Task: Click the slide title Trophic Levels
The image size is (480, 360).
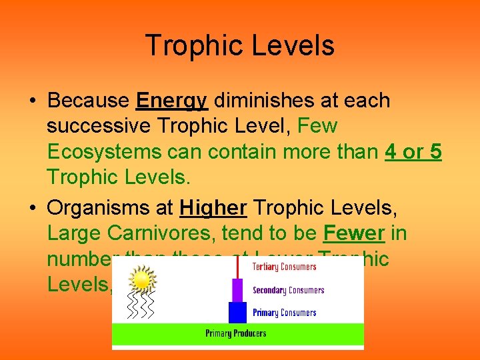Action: pos(239,46)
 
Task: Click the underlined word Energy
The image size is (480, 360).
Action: pos(172,101)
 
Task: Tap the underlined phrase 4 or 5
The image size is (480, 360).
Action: pos(413,152)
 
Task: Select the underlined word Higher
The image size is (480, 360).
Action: pos(213,209)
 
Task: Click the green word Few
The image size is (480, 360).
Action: pos(318,126)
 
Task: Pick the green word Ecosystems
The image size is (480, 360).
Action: pos(104,152)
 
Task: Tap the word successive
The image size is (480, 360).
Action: pos(97,126)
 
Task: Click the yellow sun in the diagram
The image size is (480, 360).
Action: pos(141,281)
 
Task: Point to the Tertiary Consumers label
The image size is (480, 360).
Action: pos(285,267)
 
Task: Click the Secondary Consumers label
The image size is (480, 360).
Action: pos(288,291)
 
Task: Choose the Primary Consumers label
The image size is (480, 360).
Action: pos(284,313)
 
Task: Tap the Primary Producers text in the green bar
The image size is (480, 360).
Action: pos(236,333)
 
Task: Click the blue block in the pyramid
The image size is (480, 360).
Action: pos(238,313)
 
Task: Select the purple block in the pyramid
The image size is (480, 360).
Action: pos(237,290)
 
